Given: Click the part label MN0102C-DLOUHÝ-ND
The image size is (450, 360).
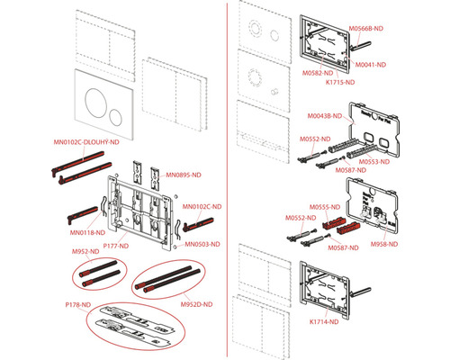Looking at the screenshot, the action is (86, 142).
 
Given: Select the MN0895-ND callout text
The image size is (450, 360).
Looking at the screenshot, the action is (184, 175).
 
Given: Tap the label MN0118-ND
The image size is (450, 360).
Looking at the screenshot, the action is (87, 232).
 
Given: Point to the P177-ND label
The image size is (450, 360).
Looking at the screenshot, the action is (116, 246).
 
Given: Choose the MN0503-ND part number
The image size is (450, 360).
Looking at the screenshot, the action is (202, 244).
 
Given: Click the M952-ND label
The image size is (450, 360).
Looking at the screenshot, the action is (85, 251).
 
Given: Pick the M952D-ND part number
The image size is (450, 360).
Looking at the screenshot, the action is (196, 304).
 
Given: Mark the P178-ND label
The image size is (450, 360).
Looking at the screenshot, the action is (78, 305).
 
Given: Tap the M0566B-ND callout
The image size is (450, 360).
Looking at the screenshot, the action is (366, 29).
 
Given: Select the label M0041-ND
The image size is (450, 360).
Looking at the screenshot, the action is (371, 65).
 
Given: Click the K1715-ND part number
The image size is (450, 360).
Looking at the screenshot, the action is (340, 82).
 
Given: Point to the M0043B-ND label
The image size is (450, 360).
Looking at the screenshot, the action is (325, 116).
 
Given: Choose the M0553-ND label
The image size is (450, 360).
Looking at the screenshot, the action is (374, 162).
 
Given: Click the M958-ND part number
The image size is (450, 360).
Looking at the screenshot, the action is (384, 244).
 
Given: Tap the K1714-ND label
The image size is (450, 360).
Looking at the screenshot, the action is (324, 322).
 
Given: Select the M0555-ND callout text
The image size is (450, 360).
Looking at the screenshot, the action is (325, 207).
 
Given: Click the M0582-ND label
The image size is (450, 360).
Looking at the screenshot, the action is (318, 73).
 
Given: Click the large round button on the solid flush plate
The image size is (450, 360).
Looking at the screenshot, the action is (95, 103).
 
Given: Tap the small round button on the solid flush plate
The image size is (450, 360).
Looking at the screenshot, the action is (115, 117).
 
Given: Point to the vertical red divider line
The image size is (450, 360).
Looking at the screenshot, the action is (227, 180).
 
